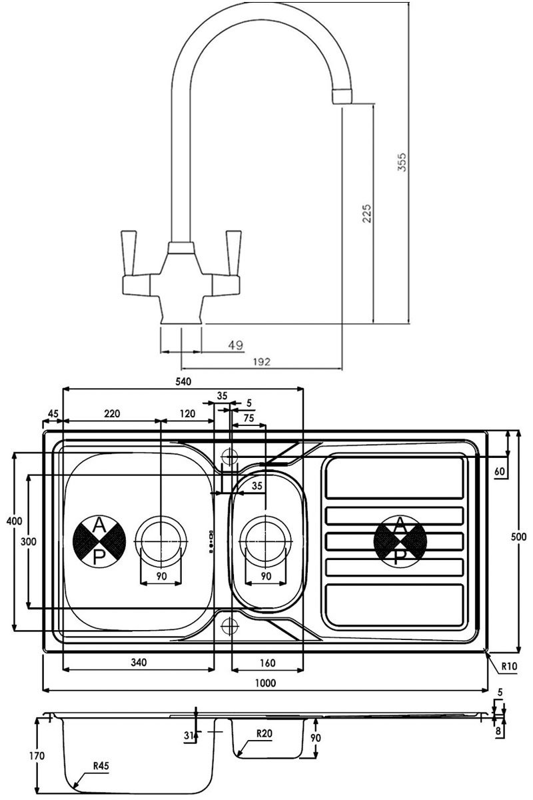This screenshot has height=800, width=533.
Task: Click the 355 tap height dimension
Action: pyautogui.click(x=402, y=162)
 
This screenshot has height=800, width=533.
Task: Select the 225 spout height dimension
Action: pyautogui.click(x=367, y=213)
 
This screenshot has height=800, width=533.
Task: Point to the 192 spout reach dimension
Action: pyautogui.click(x=262, y=362)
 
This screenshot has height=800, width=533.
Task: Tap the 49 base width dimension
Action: pyautogui.click(x=235, y=345)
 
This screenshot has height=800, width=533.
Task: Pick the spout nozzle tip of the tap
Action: pyautogui.click(x=343, y=97)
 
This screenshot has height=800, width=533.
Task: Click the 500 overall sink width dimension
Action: pyautogui.click(x=518, y=537)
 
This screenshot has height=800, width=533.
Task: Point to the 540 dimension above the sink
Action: pyautogui.click(x=183, y=381)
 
